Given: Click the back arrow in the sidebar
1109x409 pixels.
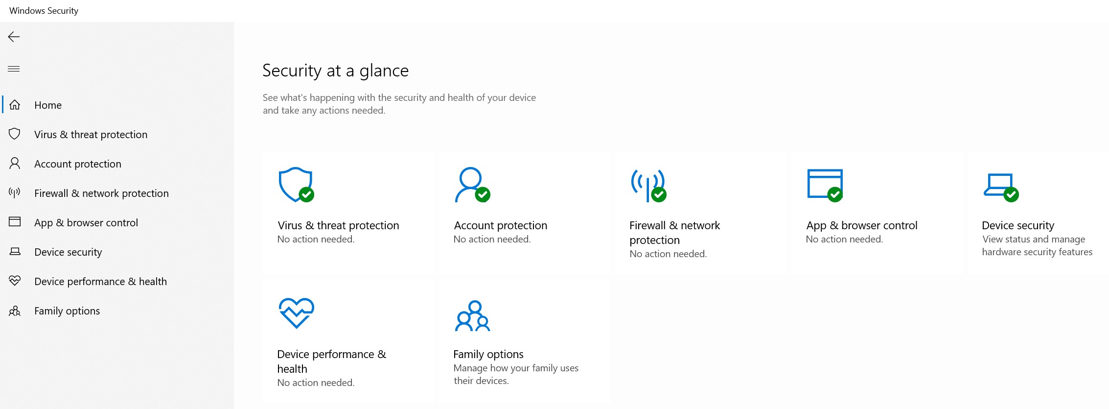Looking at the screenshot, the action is [14, 37].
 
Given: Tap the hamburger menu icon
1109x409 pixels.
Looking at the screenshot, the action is [14, 69].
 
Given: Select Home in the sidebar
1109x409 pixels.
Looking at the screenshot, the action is [48, 105].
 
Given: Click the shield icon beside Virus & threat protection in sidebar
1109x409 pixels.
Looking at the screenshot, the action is [15, 134].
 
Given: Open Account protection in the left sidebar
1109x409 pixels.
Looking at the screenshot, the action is [78, 164].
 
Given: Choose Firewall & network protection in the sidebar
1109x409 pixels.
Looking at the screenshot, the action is [101, 193].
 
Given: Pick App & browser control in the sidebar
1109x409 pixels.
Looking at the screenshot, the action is [86, 223].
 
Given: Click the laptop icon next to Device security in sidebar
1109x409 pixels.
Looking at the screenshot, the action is [15, 251].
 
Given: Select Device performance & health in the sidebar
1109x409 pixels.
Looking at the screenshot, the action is [100, 282].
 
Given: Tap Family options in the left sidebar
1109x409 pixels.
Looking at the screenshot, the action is [67, 311].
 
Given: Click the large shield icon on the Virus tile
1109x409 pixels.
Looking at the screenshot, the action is [295, 184].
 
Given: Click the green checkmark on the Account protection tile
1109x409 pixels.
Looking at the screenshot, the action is [483, 194].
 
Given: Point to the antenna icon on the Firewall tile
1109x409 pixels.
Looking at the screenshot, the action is [647, 185].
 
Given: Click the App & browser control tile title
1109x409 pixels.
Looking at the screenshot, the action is [862, 225].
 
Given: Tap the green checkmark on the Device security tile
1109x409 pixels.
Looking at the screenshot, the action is [1011, 194].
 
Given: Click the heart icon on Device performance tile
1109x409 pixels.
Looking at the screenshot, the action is [296, 313].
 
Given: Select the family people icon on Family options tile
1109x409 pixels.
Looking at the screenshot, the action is [472, 316].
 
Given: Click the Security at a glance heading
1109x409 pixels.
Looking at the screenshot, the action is [335, 71].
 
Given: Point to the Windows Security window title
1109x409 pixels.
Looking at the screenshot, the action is [44, 10].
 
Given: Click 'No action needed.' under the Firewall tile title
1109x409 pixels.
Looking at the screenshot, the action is [668, 254].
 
